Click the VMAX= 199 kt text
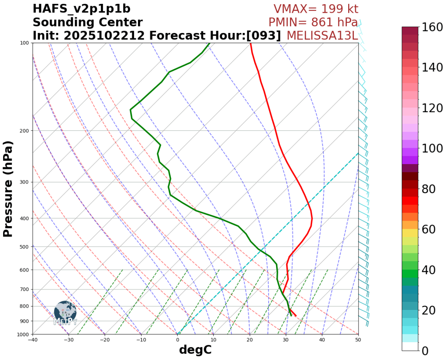point(316,9)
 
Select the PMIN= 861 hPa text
point(313,22)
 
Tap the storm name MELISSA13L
point(322,36)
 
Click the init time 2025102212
point(104,36)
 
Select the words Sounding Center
point(88,22)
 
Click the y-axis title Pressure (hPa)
point(8,189)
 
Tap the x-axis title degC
point(195,350)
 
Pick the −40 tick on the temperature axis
point(33,340)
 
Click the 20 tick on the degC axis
point(250,340)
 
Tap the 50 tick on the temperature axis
point(358,340)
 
